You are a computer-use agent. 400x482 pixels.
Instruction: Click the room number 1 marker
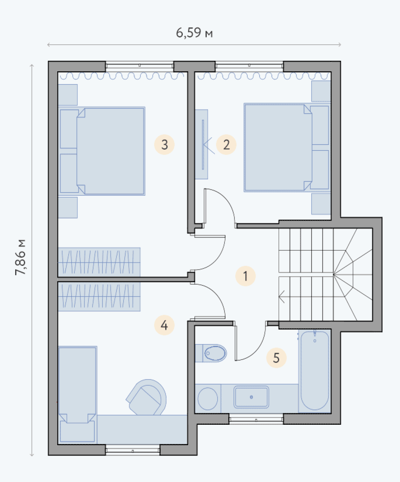pyautogui.click(x=245, y=276)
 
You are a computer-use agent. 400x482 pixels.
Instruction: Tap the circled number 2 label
pyautogui.click(x=226, y=145)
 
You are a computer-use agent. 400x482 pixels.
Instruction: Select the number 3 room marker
pyautogui.click(x=164, y=145)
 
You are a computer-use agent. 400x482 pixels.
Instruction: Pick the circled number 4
pyautogui.click(x=164, y=325)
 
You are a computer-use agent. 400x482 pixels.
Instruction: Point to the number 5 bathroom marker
pyautogui.click(x=276, y=358)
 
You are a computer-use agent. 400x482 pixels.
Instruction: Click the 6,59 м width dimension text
pyautogui.click(x=194, y=32)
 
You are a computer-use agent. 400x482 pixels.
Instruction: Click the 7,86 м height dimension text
pyautogui.click(x=20, y=257)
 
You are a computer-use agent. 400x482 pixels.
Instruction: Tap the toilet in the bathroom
pyautogui.click(x=211, y=353)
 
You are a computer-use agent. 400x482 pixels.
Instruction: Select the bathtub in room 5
pyautogui.click(x=315, y=371)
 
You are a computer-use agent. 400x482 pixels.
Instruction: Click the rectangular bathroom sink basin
pyautogui.click(x=251, y=397)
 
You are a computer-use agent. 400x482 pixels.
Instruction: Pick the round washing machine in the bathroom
pyautogui.click(x=208, y=399)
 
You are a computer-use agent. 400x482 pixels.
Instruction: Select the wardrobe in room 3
pyautogui.click(x=99, y=262)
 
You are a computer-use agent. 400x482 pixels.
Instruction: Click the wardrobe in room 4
pyautogui.click(x=99, y=296)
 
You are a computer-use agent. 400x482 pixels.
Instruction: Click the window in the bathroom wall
pyautogui.click(x=256, y=420)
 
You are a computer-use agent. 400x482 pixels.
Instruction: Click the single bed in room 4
pyautogui.click(x=78, y=395)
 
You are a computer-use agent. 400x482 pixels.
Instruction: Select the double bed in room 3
pyautogui.click(x=102, y=151)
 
